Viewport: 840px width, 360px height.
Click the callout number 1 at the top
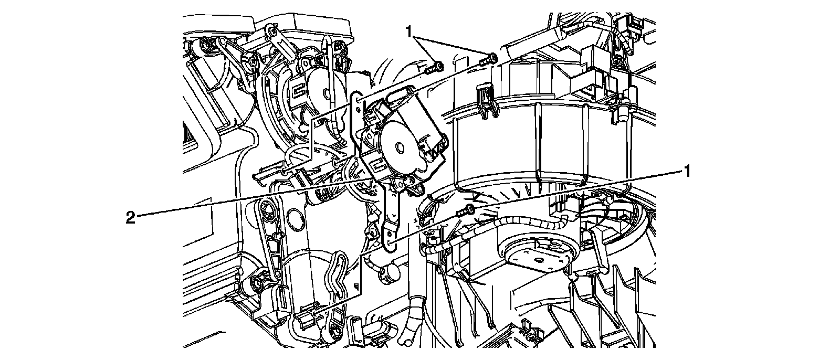(x=411, y=32)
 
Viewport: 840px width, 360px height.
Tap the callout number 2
(x=130, y=217)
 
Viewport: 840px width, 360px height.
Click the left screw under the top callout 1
(x=435, y=67)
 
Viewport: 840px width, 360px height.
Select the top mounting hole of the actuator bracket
(x=358, y=99)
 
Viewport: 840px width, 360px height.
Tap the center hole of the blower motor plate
(x=536, y=258)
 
